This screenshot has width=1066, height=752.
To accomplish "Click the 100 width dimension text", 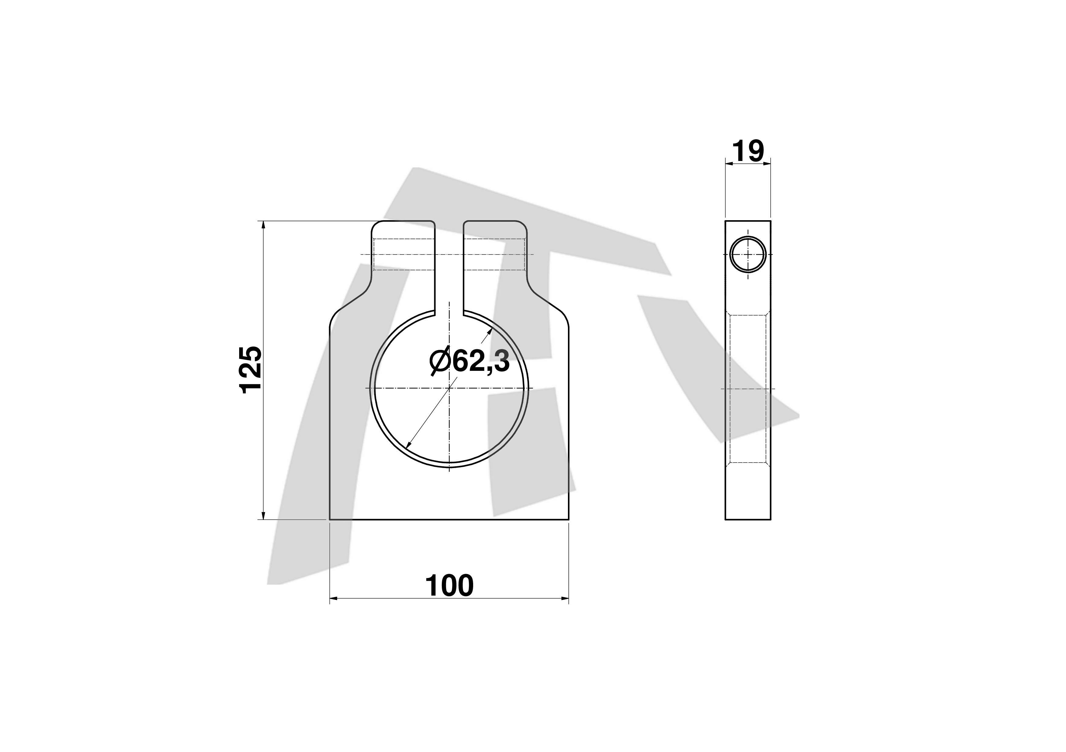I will click(449, 586).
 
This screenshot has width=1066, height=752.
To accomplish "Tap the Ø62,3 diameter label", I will click(469, 361).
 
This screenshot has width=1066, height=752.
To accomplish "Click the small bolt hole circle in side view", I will click(748, 254).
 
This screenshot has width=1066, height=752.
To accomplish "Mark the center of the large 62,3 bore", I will click(449, 388).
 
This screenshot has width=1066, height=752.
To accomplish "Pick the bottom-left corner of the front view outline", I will click(330, 519).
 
